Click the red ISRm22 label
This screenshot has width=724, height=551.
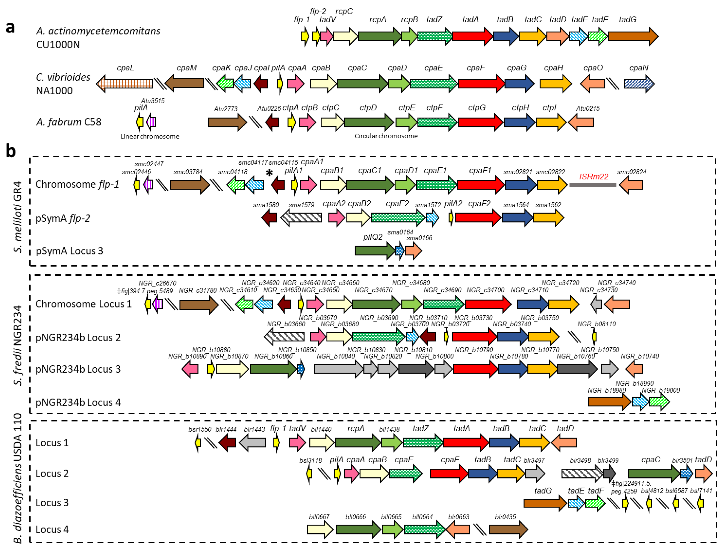click(x=594, y=177)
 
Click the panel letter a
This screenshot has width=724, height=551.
click(x=10, y=27)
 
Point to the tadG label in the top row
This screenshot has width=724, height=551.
click(x=627, y=20)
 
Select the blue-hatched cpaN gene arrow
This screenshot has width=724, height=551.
click(x=639, y=84)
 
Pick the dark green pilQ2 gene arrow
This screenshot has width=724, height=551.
click(x=375, y=251)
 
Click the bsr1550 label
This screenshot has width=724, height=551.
click(x=200, y=430)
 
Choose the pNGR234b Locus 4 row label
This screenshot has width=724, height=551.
click(x=78, y=402)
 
